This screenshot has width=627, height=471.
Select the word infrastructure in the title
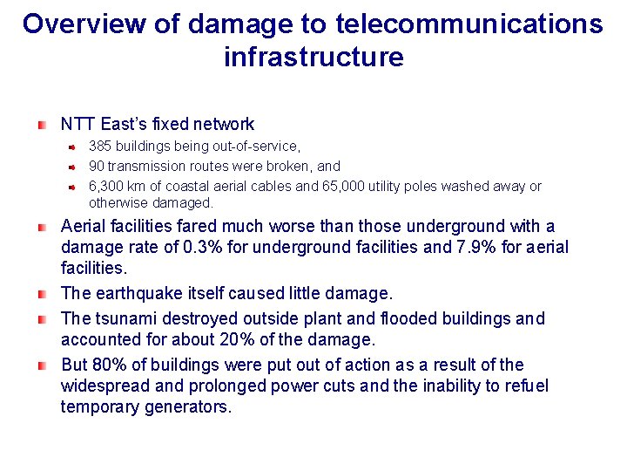click(x=313, y=58)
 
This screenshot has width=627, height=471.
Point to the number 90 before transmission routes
click(x=96, y=166)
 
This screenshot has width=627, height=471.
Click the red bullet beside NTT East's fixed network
click(x=42, y=125)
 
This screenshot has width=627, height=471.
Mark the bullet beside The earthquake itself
click(x=42, y=293)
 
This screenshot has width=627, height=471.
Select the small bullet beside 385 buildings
click(x=74, y=147)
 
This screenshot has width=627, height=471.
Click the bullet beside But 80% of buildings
click(x=42, y=365)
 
